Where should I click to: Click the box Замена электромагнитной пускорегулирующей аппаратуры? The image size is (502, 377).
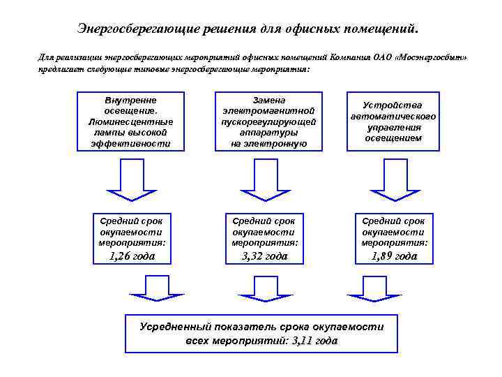click(268, 121)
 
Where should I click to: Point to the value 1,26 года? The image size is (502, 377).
click(132, 256)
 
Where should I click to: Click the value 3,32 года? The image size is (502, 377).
click(264, 256)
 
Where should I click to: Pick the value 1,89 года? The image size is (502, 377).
click(394, 256)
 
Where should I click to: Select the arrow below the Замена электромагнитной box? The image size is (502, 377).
click(264, 177)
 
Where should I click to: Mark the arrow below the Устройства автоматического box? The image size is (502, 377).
click(394, 177)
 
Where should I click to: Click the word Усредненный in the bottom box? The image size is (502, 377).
click(174, 327)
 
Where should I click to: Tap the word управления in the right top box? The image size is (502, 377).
click(393, 128)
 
